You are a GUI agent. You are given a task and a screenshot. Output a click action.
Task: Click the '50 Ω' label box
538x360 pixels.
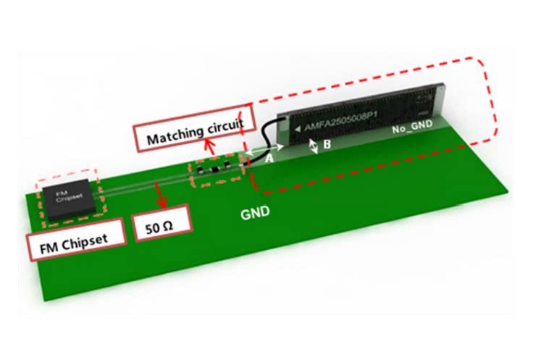[161, 226]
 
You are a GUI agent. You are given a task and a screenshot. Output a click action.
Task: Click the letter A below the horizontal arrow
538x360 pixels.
[269, 158]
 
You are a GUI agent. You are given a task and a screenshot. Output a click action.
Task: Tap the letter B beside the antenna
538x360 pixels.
[327, 144]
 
